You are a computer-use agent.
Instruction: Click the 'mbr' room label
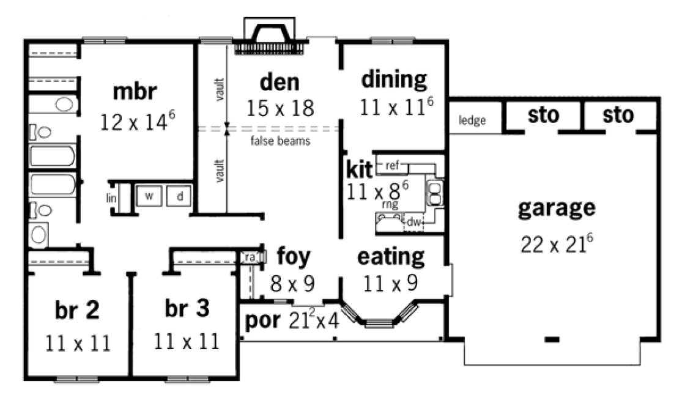135,92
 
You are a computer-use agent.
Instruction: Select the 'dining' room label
394,79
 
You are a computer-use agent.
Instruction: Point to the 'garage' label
556,208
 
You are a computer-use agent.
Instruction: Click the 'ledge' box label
472,120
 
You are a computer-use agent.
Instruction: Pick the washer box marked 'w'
149,196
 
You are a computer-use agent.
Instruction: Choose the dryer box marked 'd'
180,196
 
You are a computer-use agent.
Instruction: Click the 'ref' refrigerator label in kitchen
392,164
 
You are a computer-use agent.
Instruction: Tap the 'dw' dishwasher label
414,223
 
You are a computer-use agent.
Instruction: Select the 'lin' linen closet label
111,197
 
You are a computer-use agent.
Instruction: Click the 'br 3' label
187,309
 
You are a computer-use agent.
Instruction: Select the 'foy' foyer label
294,255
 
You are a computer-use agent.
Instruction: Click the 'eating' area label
391,257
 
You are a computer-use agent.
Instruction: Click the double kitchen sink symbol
436,193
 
